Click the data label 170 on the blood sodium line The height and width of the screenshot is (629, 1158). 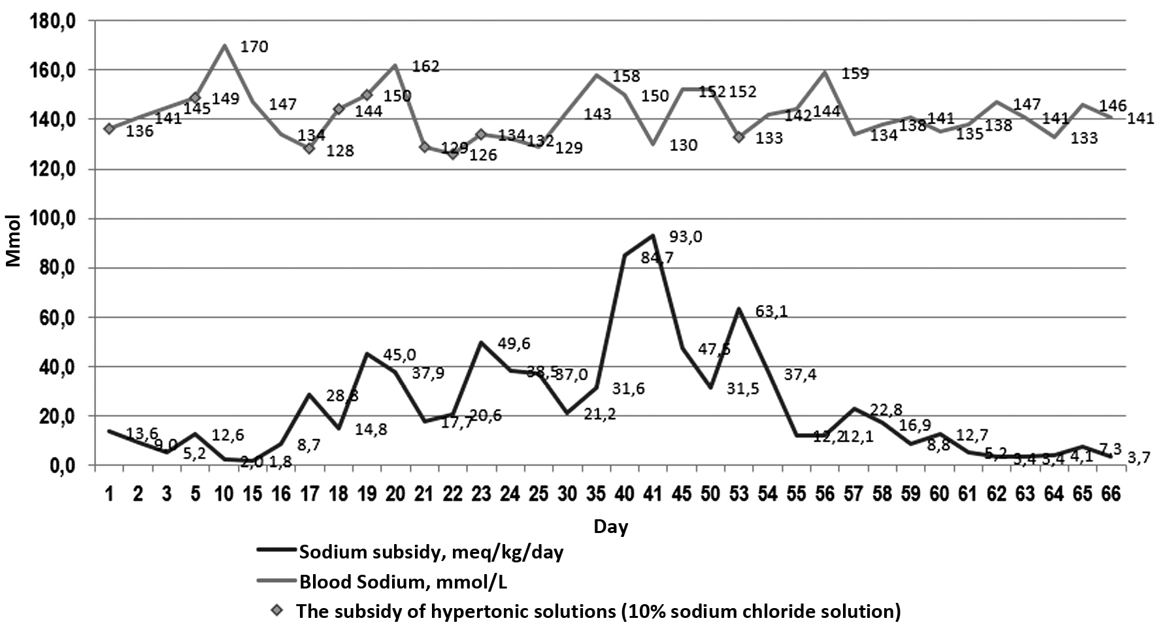tap(254, 47)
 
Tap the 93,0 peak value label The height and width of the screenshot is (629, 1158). tap(686, 237)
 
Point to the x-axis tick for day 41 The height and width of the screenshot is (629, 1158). tap(653, 494)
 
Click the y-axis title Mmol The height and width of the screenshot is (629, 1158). tap(14, 241)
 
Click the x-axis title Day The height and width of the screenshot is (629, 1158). tap(610, 526)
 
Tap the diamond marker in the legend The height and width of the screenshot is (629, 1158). tap(278, 611)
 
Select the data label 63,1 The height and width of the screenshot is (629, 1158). tap(771, 312)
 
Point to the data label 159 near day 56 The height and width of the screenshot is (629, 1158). tap(855, 74)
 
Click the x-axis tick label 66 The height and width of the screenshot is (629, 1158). tap(1111, 494)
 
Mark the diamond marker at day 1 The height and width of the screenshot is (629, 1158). tap(109, 129)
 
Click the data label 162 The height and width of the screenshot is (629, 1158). tap(426, 67)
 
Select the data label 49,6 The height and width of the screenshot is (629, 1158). tap(514, 344)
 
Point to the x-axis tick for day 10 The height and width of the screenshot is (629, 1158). tap(224, 494)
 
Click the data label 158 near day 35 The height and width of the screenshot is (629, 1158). tap(627, 76)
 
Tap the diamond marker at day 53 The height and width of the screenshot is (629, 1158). tap(739, 137)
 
